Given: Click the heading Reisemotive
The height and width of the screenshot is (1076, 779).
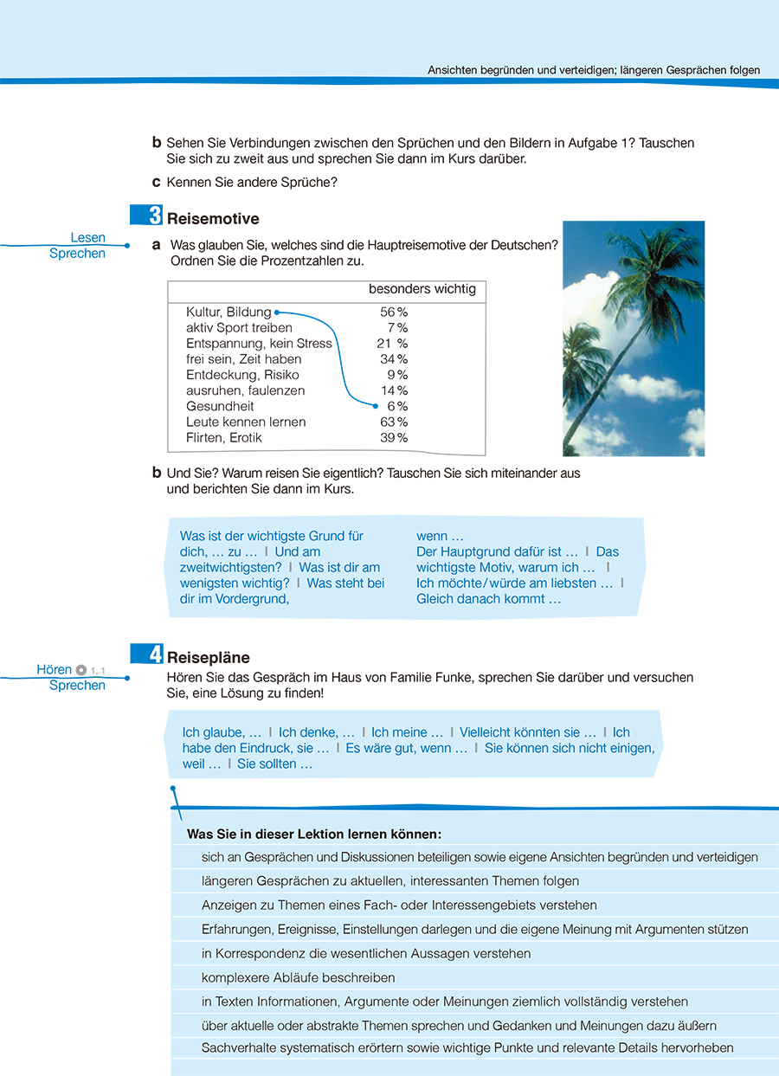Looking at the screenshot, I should (212, 219).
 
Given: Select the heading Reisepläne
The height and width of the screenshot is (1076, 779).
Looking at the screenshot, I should (208, 658).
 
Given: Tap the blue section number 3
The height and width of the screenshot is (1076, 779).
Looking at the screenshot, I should (155, 216).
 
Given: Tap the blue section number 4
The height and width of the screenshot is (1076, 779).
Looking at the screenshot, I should (155, 655).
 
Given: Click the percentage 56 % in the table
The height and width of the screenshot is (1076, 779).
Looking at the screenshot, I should (394, 312).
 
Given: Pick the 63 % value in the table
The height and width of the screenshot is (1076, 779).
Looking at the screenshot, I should (394, 422).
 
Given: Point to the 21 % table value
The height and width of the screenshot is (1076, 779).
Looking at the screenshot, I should (392, 344).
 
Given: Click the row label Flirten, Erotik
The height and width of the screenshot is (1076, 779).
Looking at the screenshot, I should (223, 438).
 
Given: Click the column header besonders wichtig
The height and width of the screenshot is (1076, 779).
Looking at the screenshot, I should (422, 289).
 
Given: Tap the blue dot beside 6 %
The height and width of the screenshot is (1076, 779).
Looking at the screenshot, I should (376, 405).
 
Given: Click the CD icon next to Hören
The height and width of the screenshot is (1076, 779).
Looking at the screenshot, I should (81, 669).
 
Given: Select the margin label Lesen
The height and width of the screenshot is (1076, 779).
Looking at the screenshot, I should (87, 237).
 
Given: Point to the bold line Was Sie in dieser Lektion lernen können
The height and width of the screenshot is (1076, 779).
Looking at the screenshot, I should (314, 834).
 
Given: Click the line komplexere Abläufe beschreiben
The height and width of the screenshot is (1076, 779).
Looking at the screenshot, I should (298, 977).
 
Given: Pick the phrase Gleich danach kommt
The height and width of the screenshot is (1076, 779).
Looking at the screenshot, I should (488, 599).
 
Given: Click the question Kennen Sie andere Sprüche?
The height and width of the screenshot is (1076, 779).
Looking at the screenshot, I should (251, 183).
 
